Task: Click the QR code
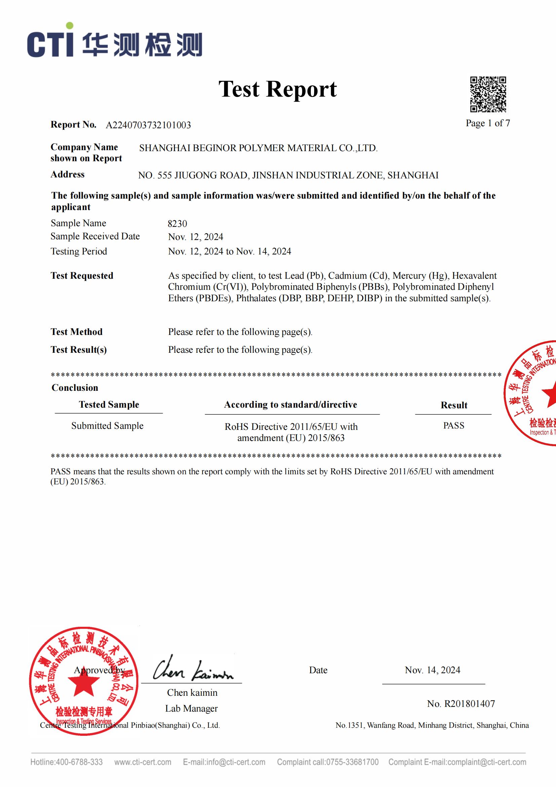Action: click(x=488, y=94)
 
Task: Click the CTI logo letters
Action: click(x=50, y=43)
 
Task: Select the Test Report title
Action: click(x=277, y=89)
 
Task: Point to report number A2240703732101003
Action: click(x=148, y=125)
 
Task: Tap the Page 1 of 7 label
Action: click(x=487, y=123)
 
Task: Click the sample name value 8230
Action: click(x=177, y=224)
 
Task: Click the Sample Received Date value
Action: click(x=195, y=237)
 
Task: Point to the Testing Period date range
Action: click(x=229, y=251)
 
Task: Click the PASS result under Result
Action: click(x=453, y=425)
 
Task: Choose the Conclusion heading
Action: click(x=75, y=388)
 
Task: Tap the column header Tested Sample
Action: click(x=109, y=405)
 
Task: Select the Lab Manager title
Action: click(x=191, y=708)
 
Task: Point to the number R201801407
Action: click(x=461, y=704)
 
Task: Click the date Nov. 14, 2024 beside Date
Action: click(x=432, y=670)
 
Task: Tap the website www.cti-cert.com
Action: click(x=143, y=762)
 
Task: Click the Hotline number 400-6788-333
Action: click(x=79, y=762)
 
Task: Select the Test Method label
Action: click(x=76, y=332)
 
